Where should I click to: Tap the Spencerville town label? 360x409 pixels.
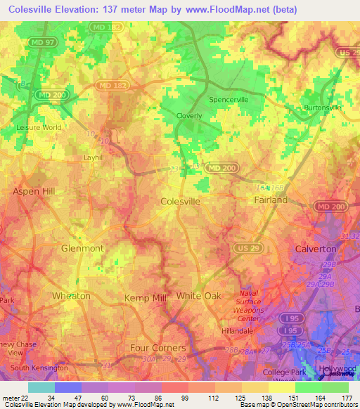coord(229,100)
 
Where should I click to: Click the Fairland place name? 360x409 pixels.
coord(271,200)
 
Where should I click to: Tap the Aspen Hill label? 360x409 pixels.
coord(34,191)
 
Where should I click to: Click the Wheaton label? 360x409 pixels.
coord(71,296)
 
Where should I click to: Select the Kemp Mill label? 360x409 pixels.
coord(145,298)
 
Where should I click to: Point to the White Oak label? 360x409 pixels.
coord(199,296)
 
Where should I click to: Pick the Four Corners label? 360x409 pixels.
coord(158,348)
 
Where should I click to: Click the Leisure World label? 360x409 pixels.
coord(39,128)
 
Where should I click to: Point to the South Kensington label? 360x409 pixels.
coord(39,368)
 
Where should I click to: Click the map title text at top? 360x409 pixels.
coord(149,9)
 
